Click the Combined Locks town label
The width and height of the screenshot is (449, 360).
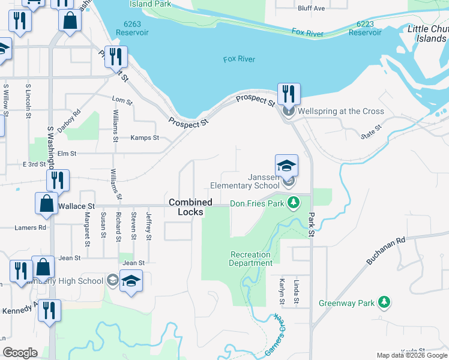pos(190,207)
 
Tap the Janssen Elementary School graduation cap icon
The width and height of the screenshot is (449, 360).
pos(287,165)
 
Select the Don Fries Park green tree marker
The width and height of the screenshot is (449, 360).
pos(293,203)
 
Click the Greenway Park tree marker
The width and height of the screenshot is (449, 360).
pos(385,302)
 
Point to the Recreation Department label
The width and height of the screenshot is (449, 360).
pos(251,259)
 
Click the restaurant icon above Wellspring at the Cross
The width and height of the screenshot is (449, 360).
pos(289,94)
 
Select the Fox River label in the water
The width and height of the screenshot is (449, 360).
pos(239,59)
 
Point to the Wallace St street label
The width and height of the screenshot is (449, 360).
pos(77,206)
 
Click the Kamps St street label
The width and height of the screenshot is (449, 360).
pos(145,138)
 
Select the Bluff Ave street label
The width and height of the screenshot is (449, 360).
pos(311,8)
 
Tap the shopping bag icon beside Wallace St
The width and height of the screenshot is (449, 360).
pos(47,204)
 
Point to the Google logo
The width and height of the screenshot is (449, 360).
pos(20,353)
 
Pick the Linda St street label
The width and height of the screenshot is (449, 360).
pos(296,291)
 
